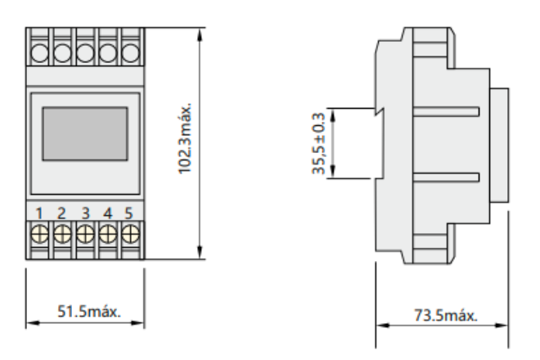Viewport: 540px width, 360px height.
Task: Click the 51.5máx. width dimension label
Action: coord(89,312)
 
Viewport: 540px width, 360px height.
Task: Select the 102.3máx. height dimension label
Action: coord(184,138)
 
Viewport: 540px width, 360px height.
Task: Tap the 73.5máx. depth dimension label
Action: coord(446,315)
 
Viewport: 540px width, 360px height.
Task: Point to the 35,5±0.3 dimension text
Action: coord(318,143)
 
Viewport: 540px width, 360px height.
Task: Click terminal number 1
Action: coord(39,214)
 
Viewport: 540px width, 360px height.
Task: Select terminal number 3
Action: coord(85,214)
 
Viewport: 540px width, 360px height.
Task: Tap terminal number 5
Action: coord(128,214)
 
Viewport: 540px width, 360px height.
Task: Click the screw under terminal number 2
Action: coord(62,234)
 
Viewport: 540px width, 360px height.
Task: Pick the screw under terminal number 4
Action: coord(108,234)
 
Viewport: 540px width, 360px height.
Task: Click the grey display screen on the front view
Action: coord(85,133)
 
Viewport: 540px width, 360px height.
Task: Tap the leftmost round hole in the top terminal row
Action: coord(39,53)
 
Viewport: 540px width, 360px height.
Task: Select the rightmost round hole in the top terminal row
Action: coord(131,53)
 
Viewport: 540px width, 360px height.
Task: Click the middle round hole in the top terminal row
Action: coord(85,53)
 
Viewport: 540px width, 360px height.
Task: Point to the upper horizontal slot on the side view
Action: coord(446,111)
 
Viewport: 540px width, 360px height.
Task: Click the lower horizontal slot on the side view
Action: coord(446,177)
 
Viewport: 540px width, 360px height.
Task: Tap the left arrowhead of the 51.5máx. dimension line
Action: coord(33,323)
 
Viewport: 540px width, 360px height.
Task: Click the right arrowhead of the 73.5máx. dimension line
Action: coord(502,325)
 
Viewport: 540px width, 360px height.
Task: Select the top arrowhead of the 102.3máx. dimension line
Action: coord(200,35)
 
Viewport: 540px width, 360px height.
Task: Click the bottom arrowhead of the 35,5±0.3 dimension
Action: coord(333,172)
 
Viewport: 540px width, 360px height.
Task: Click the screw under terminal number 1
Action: coord(39,234)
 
